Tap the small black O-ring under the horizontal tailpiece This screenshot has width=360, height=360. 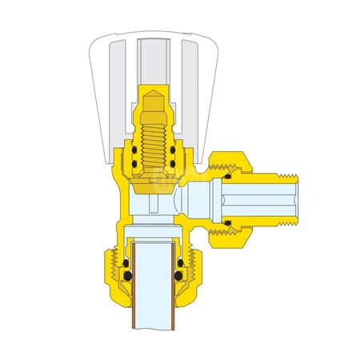[228, 222]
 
